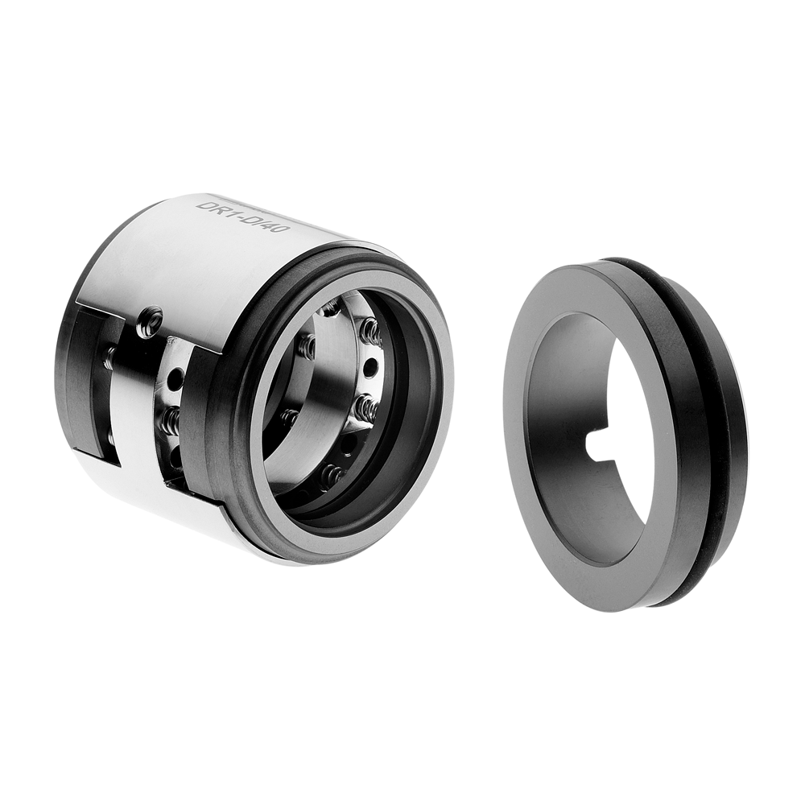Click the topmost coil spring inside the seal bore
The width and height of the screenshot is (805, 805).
(370, 328)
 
